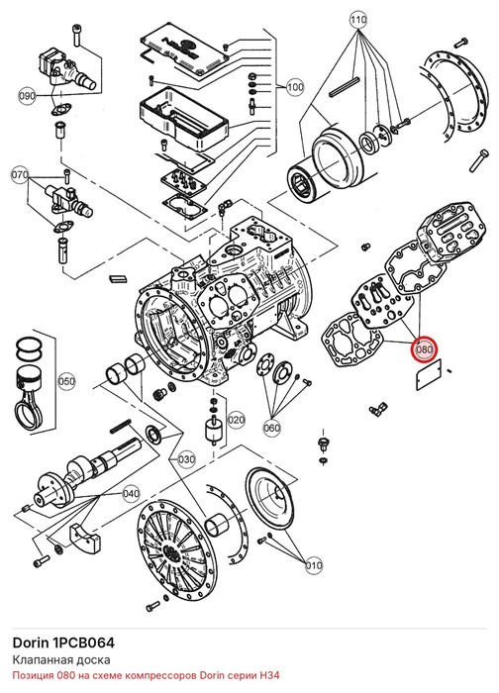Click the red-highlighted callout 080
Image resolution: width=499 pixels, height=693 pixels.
424,350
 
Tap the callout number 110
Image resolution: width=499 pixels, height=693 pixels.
358,21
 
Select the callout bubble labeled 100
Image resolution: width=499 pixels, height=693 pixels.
295,87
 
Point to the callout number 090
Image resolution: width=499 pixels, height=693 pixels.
27,95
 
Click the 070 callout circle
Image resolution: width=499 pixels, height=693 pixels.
20,174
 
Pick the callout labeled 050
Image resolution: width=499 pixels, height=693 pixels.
66,381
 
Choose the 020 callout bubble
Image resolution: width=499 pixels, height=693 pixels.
236,420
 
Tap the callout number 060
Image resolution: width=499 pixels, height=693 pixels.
272,428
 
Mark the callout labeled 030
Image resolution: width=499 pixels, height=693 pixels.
186,459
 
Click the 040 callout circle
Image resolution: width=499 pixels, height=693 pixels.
131,493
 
